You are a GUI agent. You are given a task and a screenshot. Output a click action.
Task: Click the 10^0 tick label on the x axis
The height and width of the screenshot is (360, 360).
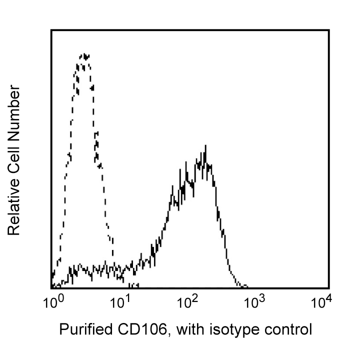[51, 302]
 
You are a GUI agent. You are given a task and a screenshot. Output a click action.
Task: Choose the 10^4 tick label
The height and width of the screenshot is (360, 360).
[321, 302]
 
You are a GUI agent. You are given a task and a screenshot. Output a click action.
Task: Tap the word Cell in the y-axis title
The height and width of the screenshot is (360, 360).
[14, 153]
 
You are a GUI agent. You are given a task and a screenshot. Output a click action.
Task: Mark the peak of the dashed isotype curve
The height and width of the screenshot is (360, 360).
[85, 54]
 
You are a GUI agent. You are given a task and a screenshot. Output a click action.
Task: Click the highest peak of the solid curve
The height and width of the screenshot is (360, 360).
[205, 146]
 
